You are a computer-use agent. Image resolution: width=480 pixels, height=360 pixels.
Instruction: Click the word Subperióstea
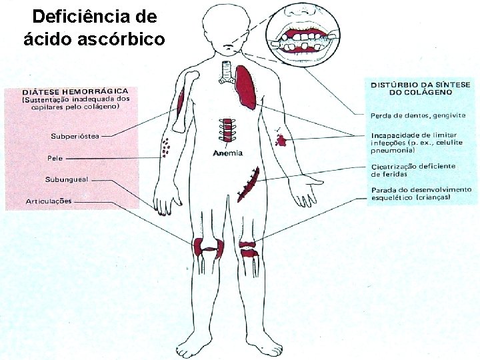click(75, 136)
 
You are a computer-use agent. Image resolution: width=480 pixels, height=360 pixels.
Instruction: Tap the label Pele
click(55, 159)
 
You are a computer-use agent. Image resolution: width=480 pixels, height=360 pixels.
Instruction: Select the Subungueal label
click(67, 179)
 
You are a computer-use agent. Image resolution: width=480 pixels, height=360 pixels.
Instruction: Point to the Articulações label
click(49, 200)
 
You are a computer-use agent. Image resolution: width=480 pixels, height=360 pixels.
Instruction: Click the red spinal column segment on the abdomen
click(229, 129)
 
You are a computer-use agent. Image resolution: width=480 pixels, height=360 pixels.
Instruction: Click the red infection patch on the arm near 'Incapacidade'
click(280, 139)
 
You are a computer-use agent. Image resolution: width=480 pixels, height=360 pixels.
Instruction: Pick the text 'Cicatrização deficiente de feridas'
click(413, 169)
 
